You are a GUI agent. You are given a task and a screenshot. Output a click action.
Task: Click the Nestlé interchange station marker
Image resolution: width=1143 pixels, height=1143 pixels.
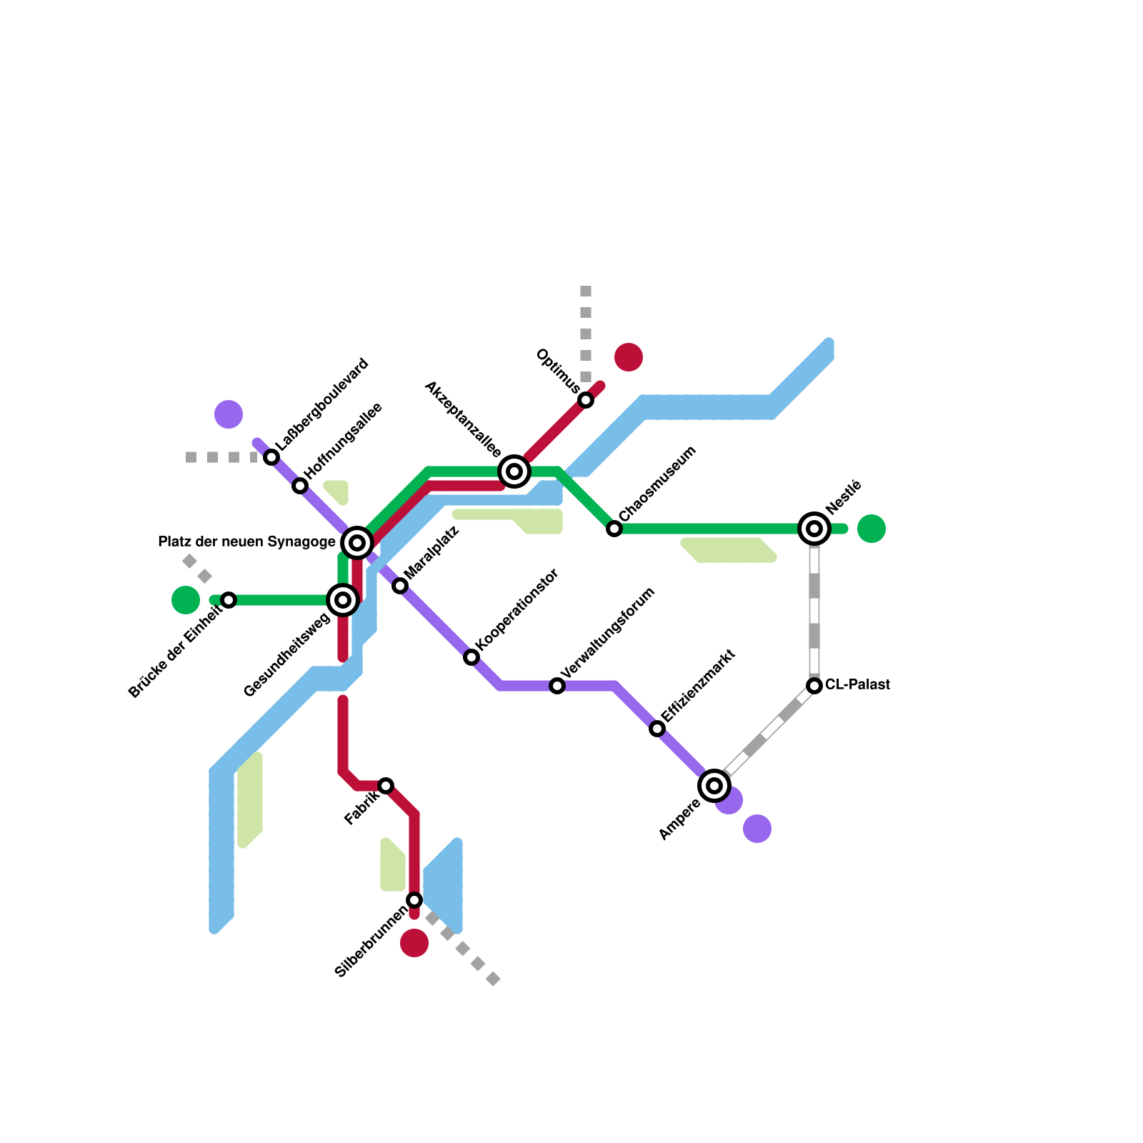(x=814, y=529)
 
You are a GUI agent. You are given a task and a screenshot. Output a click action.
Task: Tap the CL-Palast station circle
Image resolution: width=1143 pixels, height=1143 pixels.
(x=814, y=686)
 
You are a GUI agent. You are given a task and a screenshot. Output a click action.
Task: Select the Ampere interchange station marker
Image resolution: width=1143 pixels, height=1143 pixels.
(x=714, y=786)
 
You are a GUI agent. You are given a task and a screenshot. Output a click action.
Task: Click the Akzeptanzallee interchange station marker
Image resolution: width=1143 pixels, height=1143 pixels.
(x=514, y=471)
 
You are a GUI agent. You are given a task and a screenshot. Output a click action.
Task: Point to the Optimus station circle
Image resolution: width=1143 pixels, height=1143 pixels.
(x=586, y=400)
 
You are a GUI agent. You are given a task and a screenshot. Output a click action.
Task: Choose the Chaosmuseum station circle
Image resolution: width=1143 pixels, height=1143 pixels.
(x=614, y=529)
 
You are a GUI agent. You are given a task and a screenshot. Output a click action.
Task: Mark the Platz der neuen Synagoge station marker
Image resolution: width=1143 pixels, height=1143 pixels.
(x=357, y=543)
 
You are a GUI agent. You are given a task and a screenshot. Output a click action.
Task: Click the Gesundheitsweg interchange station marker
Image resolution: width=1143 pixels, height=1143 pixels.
(x=343, y=600)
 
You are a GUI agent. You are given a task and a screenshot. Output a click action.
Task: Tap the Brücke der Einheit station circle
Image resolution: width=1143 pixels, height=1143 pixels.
(x=229, y=600)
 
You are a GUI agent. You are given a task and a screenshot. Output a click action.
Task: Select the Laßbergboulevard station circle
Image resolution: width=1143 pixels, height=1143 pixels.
(x=271, y=457)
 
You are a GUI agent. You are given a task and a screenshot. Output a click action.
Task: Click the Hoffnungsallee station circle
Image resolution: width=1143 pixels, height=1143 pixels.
(x=300, y=486)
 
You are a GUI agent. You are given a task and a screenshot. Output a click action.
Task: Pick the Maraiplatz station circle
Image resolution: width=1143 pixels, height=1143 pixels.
(x=400, y=586)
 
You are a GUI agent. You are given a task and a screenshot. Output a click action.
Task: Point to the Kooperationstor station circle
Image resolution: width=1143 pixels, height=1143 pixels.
(x=471, y=657)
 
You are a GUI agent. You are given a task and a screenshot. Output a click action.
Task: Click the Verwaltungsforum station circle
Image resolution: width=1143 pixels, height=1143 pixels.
(x=557, y=686)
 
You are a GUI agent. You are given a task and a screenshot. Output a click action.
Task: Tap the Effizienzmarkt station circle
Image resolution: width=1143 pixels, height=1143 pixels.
(x=657, y=729)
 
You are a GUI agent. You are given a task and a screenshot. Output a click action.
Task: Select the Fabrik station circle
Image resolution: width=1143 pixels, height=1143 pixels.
(x=386, y=786)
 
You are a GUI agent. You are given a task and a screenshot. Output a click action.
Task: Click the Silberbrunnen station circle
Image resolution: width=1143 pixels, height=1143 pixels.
(x=414, y=899)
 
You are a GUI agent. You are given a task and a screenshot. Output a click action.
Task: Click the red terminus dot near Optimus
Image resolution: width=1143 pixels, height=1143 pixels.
(x=629, y=357)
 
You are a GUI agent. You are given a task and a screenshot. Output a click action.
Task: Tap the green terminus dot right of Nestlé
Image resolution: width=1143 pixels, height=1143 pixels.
(x=872, y=529)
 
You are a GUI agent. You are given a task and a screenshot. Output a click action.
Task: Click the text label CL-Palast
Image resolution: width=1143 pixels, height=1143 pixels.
(x=857, y=685)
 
